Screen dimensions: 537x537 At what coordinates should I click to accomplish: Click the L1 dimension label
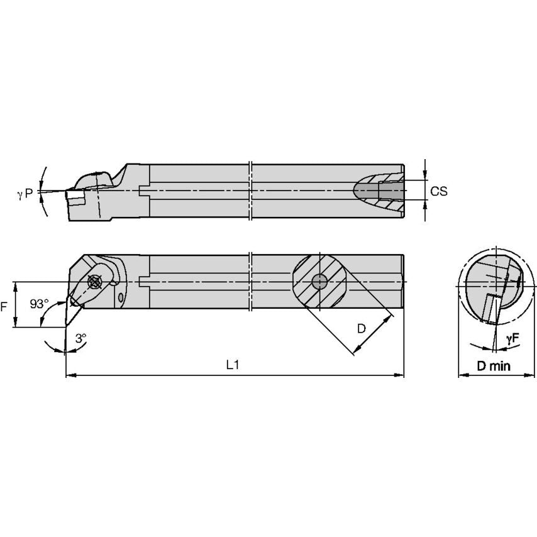tap(233, 365)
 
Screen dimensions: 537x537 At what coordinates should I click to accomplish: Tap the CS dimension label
tap(439, 191)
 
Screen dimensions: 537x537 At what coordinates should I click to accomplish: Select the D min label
tap(494, 366)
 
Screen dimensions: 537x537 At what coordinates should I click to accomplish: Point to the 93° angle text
tap(39, 304)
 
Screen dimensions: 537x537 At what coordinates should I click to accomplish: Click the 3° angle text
tap(81, 338)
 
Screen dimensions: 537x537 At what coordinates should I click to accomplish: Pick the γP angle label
tap(25, 194)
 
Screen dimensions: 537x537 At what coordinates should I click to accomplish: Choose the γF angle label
tap(512, 339)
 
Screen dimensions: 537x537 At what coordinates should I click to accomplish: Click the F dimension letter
tap(4, 306)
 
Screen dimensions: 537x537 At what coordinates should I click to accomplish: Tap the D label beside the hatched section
tap(362, 329)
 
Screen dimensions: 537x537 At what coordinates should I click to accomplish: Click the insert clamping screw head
tap(94, 282)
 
